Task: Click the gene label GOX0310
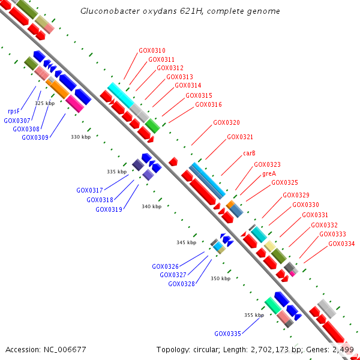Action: pos(152,50)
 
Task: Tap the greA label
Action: pos(269,173)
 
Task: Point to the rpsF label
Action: pos(14,111)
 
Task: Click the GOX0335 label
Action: pos(227,334)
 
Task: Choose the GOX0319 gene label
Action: pos(109,209)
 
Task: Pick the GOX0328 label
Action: pos(181,284)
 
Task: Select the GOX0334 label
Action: pos(341,244)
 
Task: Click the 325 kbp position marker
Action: pos(45,103)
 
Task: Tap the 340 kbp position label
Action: pos(151,206)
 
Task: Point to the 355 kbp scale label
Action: pos(254,315)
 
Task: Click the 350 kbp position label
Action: pos(220,278)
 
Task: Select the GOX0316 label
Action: pos(208,104)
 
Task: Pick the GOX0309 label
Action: pos(35,137)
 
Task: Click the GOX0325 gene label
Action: pos(284,182)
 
